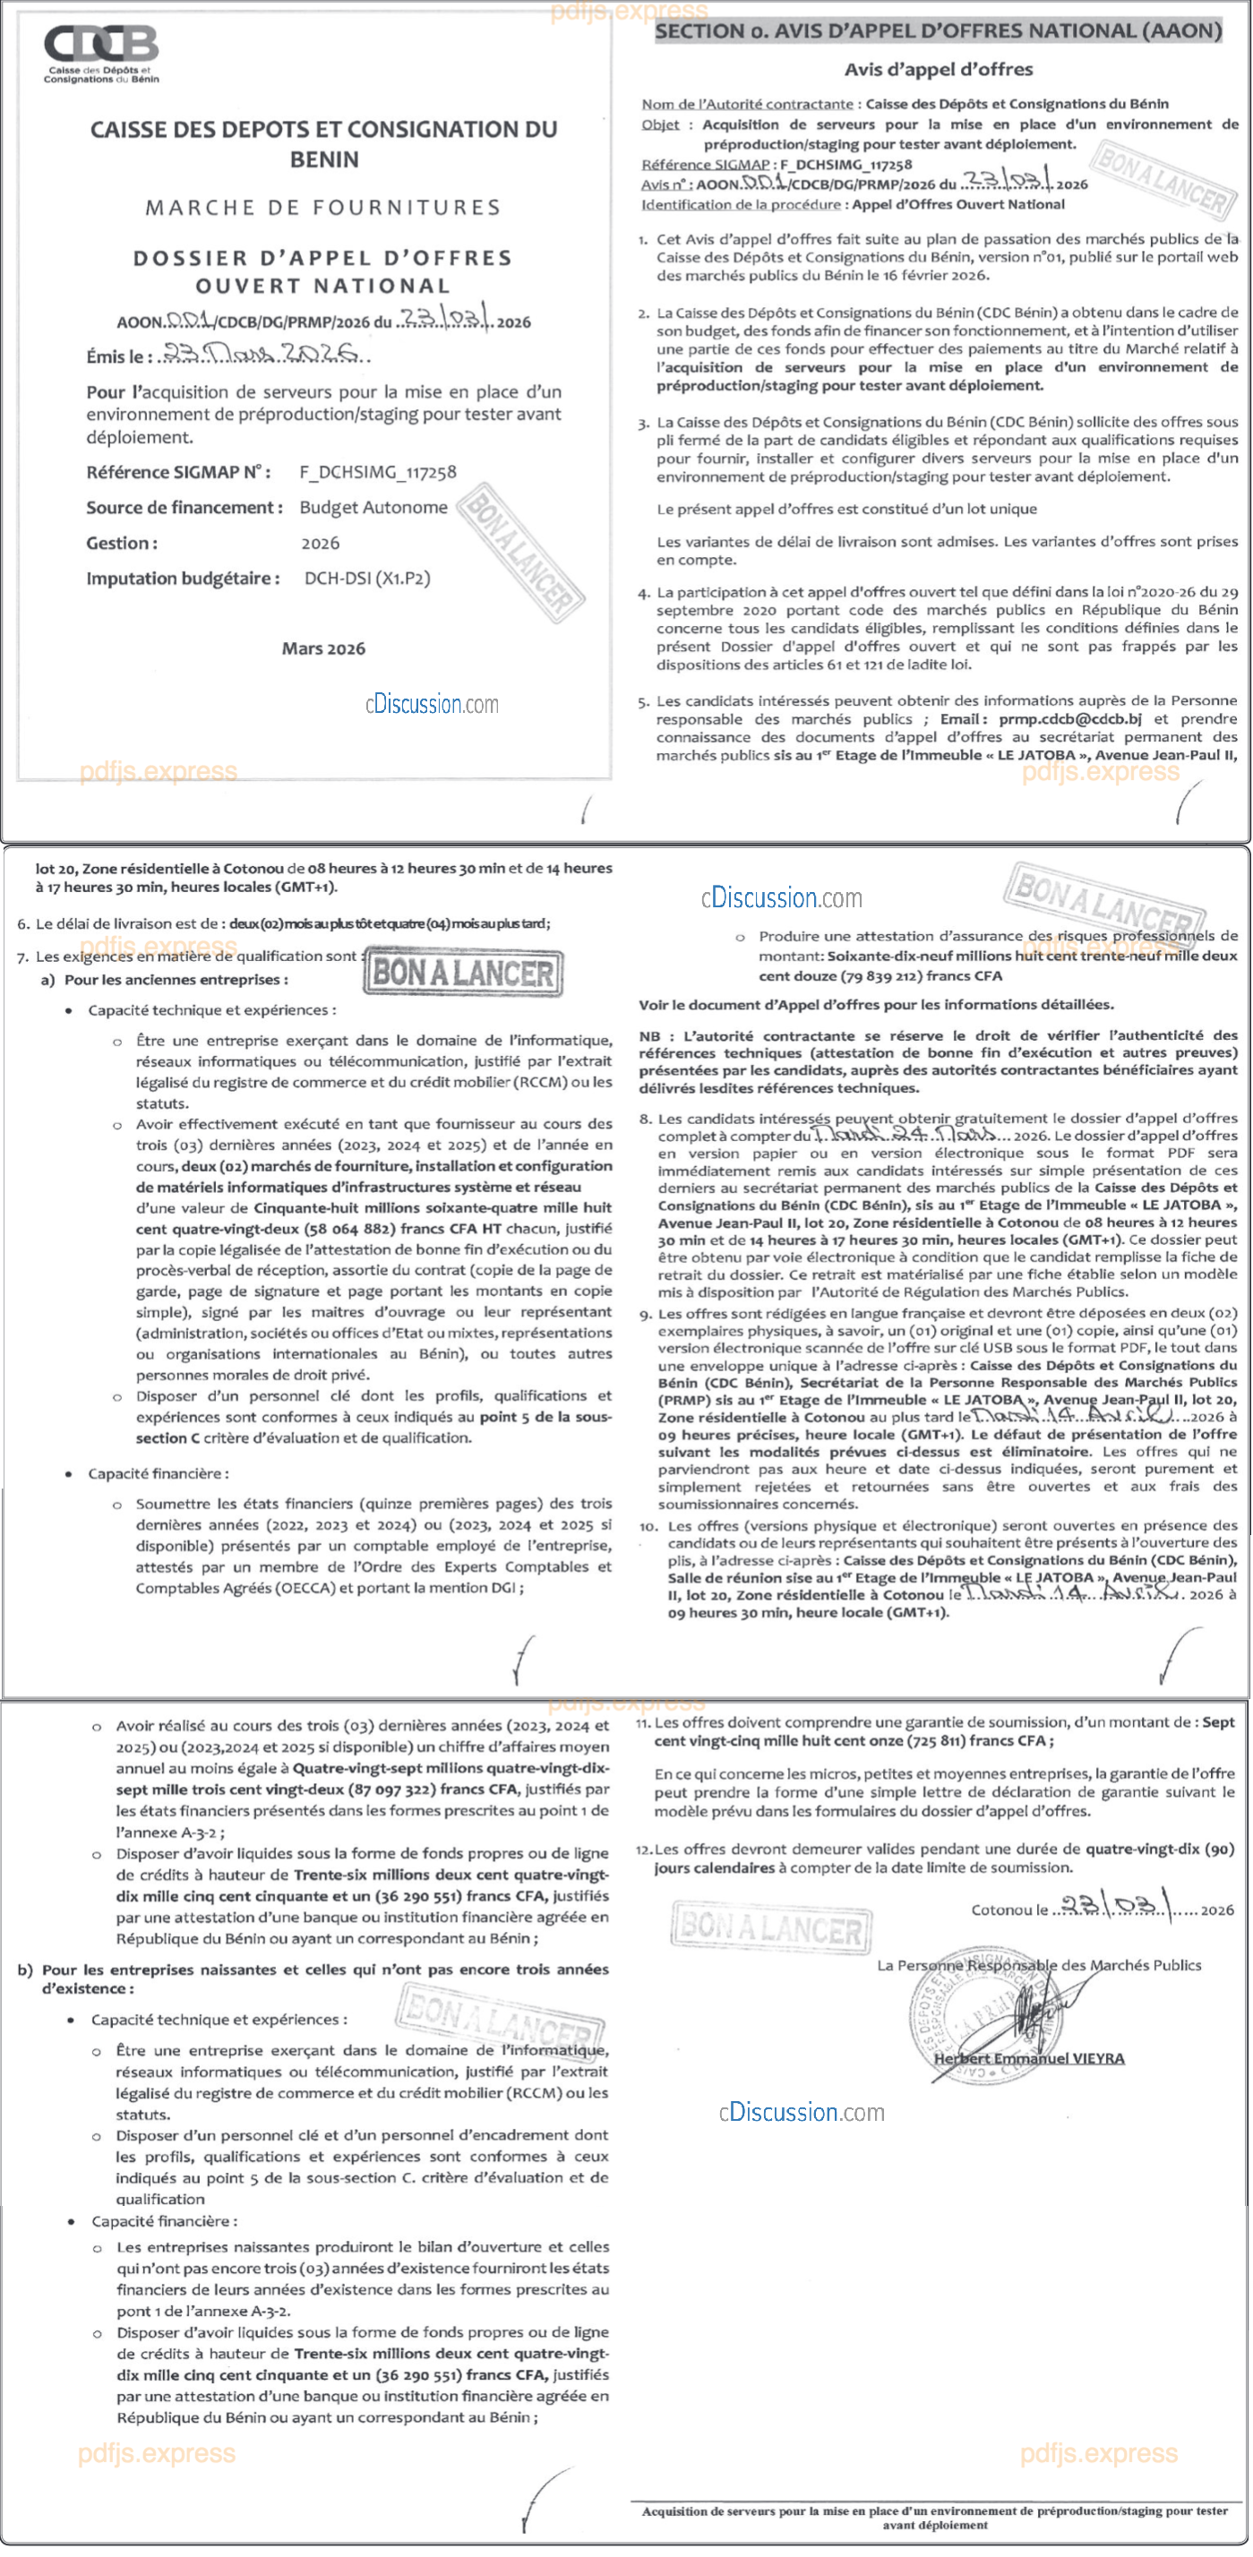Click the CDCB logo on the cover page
pyautogui.click(x=100, y=53)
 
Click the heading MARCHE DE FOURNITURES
pyautogui.click(x=322, y=208)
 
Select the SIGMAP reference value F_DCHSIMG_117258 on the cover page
pyautogui.click(x=378, y=473)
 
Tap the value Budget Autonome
pyautogui.click(x=373, y=507)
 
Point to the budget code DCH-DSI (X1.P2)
pyautogui.click(x=367, y=578)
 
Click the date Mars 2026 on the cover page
pyautogui.click(x=322, y=648)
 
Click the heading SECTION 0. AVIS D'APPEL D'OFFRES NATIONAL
pyautogui.click(x=937, y=30)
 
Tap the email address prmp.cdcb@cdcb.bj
pyautogui.click(x=1069, y=718)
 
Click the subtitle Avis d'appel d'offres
pyautogui.click(x=939, y=70)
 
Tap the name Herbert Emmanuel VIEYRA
pyautogui.click(x=1028, y=2058)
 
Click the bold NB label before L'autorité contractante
pyautogui.click(x=649, y=1035)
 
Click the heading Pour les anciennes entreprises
pyautogui.click(x=176, y=980)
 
